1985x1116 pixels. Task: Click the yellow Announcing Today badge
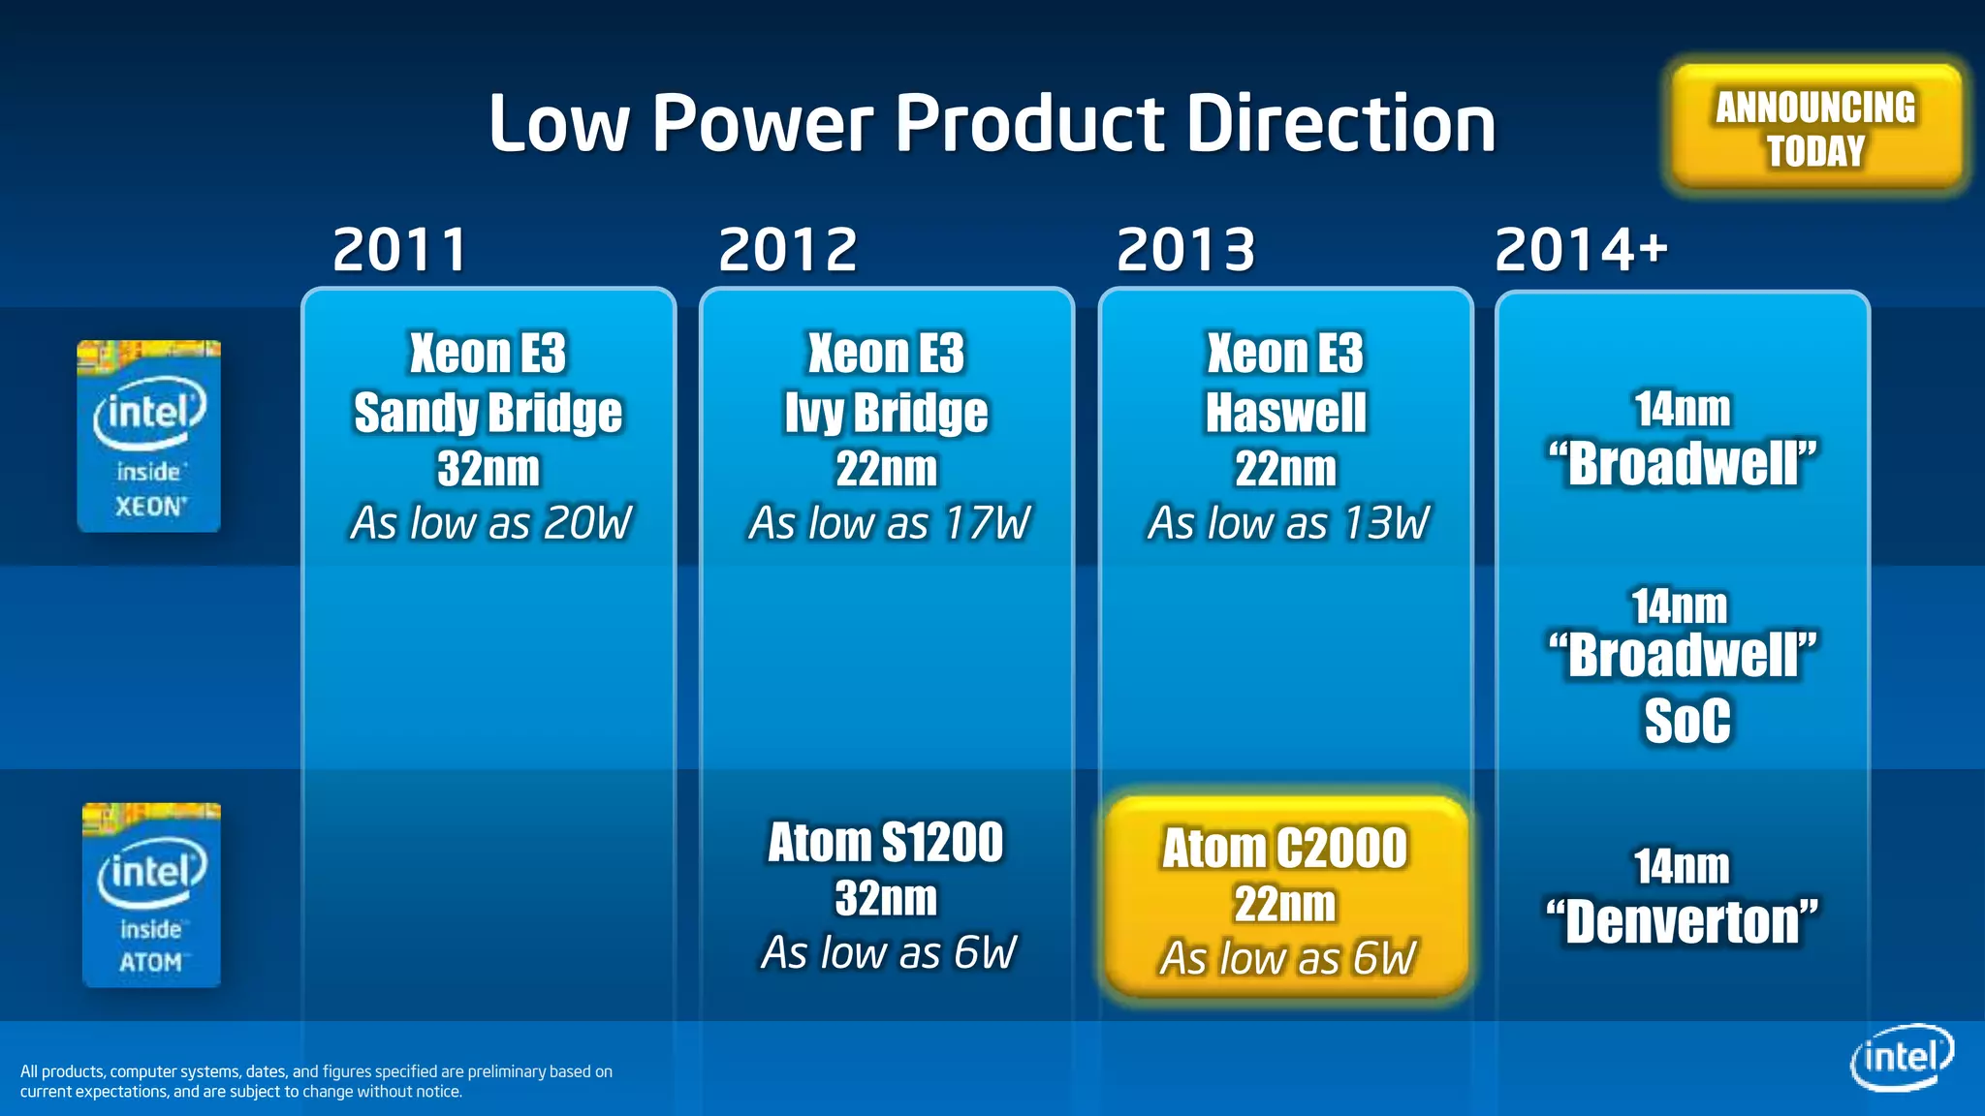[1816, 128]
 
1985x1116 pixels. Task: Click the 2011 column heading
[399, 250]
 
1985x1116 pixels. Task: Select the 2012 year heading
[788, 250]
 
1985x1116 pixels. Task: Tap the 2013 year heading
[1186, 250]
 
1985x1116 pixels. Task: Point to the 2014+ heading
[1581, 250]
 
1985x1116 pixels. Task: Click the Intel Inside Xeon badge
[149, 436]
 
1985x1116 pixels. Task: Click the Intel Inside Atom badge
[151, 895]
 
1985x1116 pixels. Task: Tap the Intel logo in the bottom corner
[1902, 1057]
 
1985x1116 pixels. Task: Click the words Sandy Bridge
[488, 414]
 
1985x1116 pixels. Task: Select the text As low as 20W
[490, 524]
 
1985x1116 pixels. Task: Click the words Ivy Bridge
[886, 414]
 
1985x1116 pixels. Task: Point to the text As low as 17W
[889, 524]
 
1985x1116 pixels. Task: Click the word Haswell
[1285, 414]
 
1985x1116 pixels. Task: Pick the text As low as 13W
[1288, 524]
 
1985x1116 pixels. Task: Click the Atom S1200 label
[886, 843]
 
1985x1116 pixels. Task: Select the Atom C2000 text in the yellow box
[1284, 850]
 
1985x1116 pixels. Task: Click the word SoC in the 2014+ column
[1686, 722]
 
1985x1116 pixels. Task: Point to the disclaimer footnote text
[316, 1081]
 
